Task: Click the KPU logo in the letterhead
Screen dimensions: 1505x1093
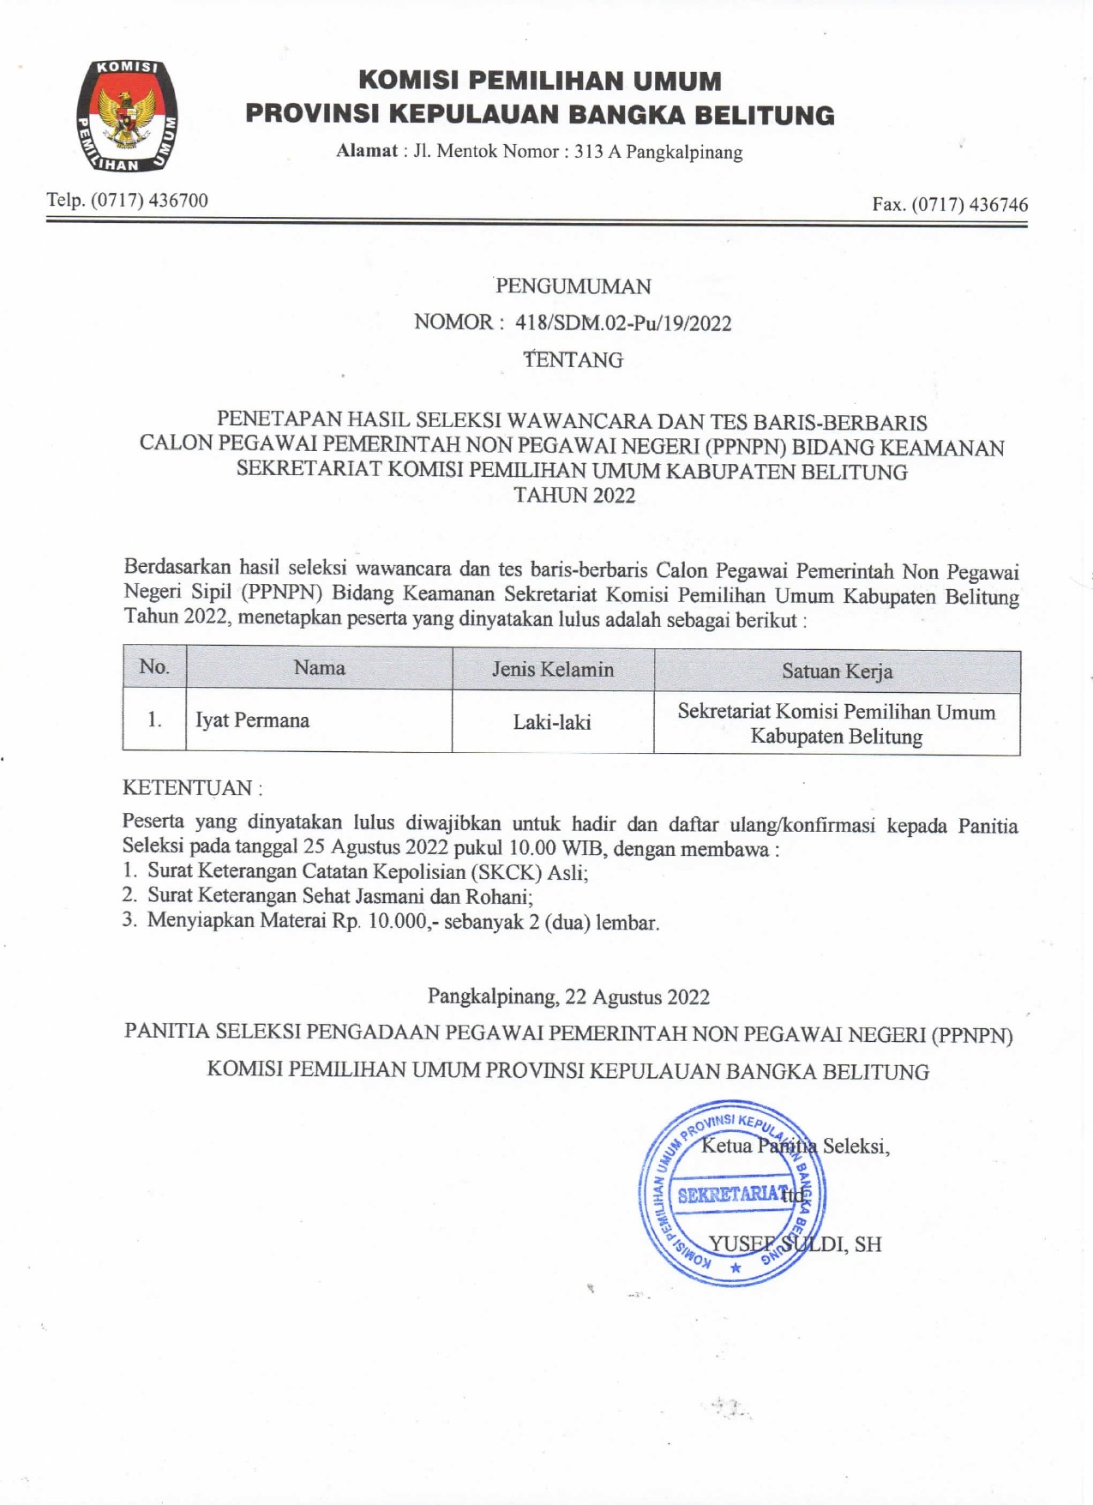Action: click(x=127, y=116)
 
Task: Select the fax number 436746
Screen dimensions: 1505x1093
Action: click(x=998, y=205)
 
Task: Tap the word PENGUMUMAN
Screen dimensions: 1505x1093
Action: click(x=573, y=286)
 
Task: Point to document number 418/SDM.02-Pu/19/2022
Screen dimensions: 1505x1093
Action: click(x=623, y=323)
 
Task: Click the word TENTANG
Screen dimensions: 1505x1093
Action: click(x=574, y=360)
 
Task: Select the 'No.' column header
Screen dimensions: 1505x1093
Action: click(x=154, y=667)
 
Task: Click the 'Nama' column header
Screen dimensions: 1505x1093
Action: click(x=319, y=668)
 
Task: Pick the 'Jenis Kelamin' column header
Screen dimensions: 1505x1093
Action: click(x=553, y=670)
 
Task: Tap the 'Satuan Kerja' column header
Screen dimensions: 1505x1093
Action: click(x=837, y=671)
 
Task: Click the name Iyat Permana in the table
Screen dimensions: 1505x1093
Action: click(x=252, y=720)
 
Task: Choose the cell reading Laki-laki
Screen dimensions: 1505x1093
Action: click(x=552, y=723)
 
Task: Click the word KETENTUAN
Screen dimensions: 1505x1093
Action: click(x=188, y=787)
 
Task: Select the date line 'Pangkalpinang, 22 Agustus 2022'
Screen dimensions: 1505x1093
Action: click(x=568, y=996)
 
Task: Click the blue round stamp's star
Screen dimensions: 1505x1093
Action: click(x=735, y=1267)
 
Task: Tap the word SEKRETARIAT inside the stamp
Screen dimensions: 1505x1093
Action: click(x=731, y=1195)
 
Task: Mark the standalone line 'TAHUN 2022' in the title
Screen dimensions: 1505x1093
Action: click(x=574, y=496)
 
